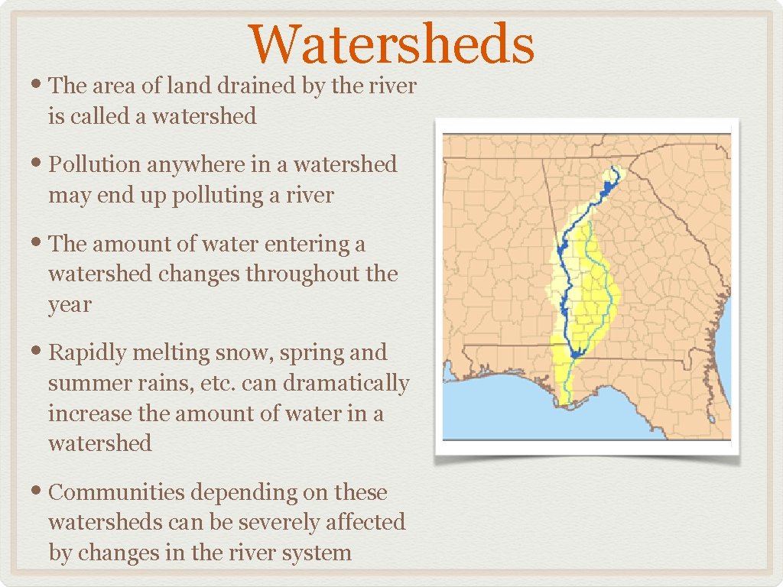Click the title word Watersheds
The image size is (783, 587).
point(391,44)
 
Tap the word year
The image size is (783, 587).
point(70,304)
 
